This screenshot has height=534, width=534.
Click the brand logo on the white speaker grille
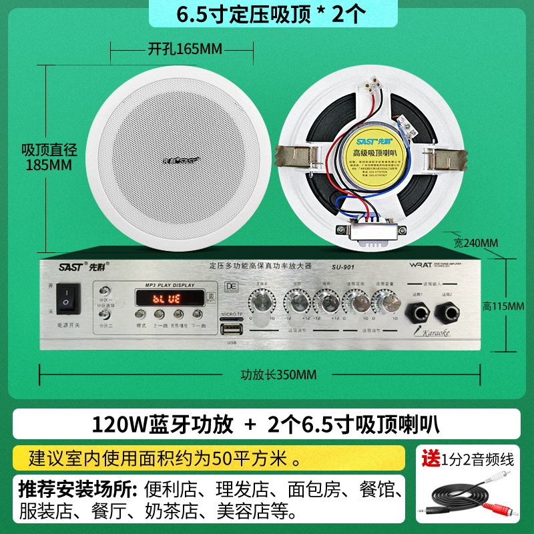point(179,160)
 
